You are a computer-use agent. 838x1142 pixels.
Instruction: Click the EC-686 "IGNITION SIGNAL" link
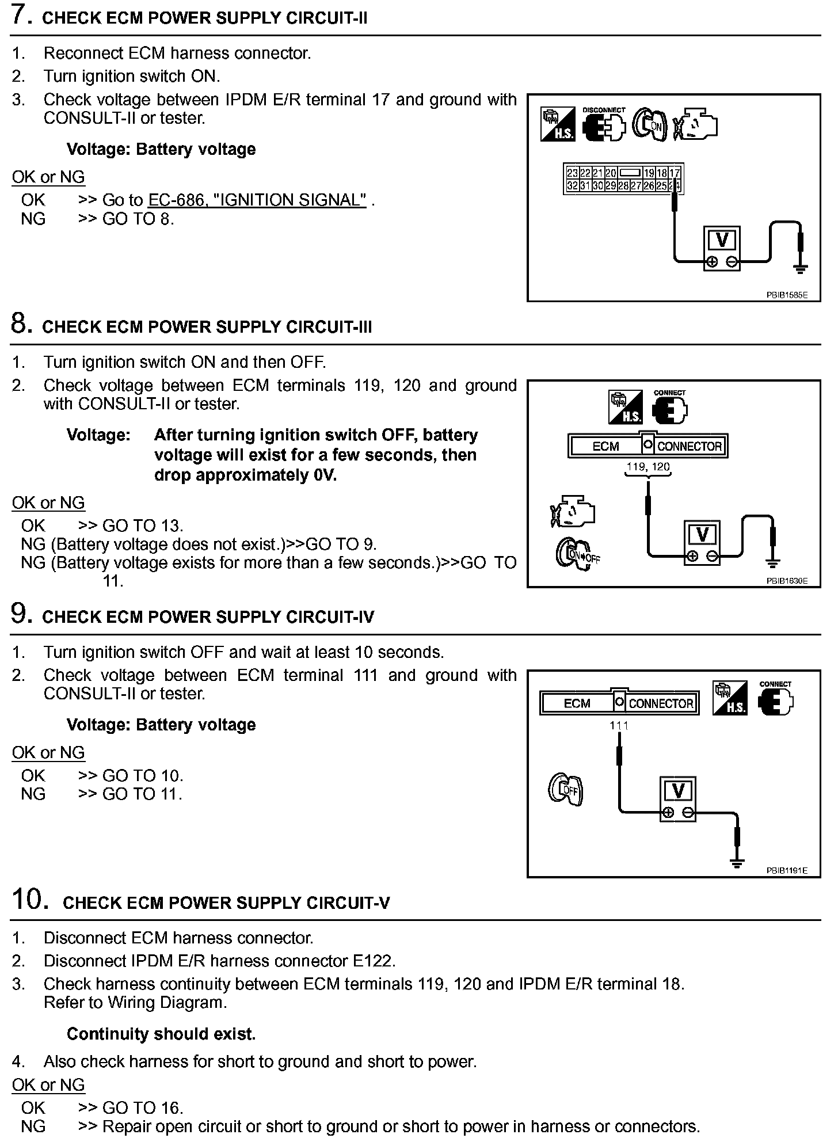(x=257, y=200)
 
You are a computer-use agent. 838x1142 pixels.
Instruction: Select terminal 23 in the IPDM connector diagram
(x=572, y=173)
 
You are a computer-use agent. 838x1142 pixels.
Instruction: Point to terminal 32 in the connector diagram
(x=572, y=185)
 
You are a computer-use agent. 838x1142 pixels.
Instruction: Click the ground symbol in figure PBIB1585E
(x=800, y=267)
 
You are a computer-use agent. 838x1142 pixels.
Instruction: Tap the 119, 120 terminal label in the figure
(x=648, y=467)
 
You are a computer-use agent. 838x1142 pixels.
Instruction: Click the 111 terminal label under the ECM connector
(x=619, y=726)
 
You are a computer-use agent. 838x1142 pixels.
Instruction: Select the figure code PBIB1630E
(x=787, y=581)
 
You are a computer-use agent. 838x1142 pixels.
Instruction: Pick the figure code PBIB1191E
(x=787, y=871)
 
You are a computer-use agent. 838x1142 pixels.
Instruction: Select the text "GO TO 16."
(x=143, y=1107)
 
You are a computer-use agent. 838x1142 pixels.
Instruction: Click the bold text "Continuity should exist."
(x=161, y=1034)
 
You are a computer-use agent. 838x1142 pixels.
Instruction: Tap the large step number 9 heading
(x=21, y=614)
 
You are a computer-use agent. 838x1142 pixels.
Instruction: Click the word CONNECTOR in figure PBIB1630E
(x=690, y=446)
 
